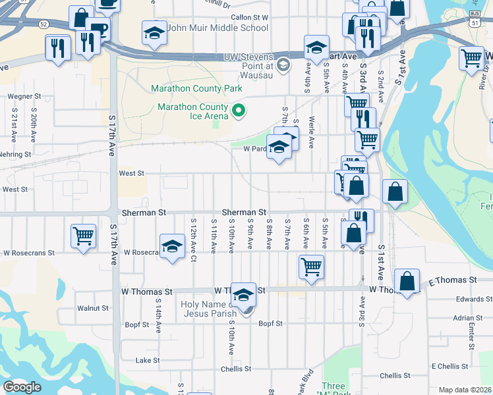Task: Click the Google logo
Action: click(22, 387)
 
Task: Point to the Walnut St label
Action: click(92, 307)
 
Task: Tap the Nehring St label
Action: click(16, 154)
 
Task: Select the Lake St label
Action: click(147, 360)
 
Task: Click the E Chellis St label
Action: click(449, 366)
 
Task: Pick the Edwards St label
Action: click(469, 299)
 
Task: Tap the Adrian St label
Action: click(469, 317)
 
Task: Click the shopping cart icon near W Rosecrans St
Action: click(83, 236)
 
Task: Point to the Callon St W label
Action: click(250, 17)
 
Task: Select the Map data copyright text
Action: click(465, 390)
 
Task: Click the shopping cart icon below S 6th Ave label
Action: click(311, 267)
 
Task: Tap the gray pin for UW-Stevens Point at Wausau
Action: click(283, 65)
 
